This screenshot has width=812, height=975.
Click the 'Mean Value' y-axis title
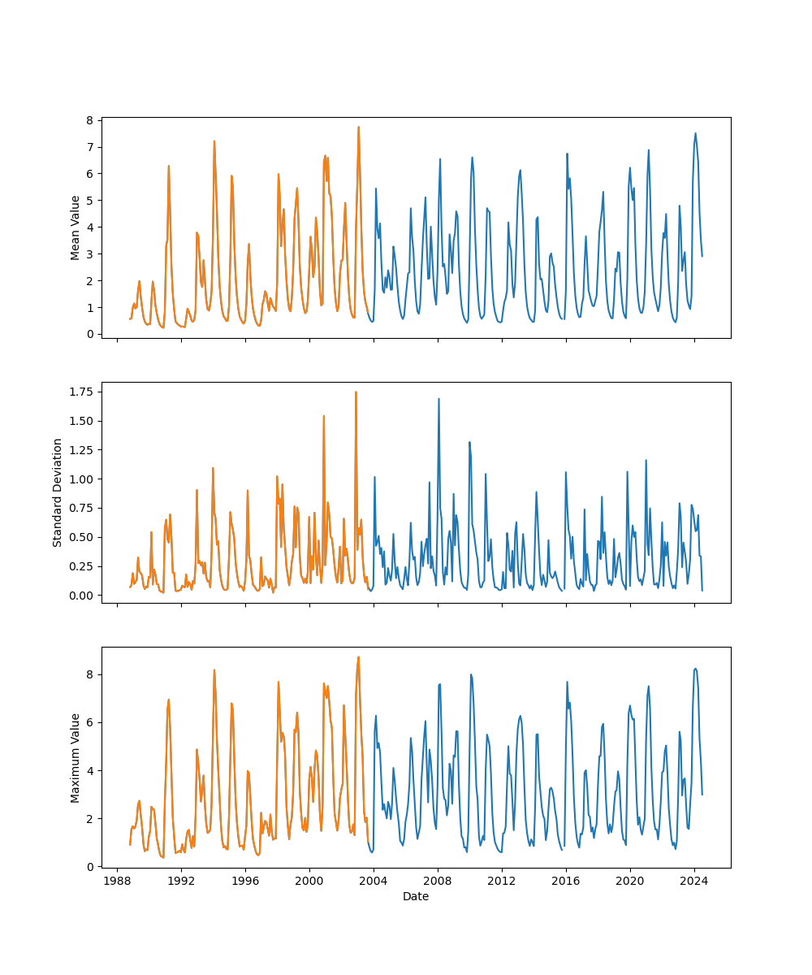pos(76,227)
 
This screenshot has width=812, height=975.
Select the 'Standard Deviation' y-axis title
pos(58,492)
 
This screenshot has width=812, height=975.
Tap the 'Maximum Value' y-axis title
pos(76,758)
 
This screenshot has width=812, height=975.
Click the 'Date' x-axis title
pos(416,897)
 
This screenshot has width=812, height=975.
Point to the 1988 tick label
pos(117,882)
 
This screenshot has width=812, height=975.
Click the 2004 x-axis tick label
pos(374,882)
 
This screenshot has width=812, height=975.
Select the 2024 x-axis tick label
pos(694,882)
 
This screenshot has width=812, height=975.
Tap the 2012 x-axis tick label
pos(502,882)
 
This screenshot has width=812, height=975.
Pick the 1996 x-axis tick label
pos(245,882)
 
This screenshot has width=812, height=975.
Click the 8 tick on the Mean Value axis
pos(91,120)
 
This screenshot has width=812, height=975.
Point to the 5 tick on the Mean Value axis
pos(91,201)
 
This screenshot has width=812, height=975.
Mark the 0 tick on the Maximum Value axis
pos(91,867)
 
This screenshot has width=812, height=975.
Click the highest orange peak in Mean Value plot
pos(358,127)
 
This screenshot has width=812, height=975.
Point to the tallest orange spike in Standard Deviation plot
pos(356,392)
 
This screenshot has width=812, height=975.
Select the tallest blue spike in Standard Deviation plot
pos(438,399)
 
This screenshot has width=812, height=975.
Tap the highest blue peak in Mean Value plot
pos(695,133)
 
